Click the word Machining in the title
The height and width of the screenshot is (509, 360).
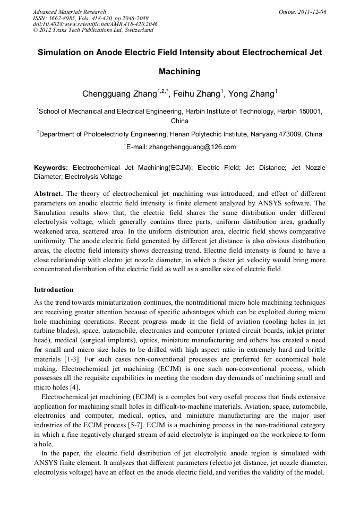(x=179, y=71)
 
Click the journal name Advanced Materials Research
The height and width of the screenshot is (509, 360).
(x=70, y=12)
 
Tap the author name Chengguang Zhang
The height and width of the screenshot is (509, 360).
(x=119, y=94)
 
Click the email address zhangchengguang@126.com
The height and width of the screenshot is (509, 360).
(x=192, y=147)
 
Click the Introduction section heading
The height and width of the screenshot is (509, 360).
(x=54, y=290)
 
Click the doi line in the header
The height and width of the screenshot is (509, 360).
(x=95, y=24)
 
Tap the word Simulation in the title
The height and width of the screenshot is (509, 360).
(x=62, y=53)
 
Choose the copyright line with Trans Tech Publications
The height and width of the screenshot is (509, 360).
(x=93, y=30)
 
